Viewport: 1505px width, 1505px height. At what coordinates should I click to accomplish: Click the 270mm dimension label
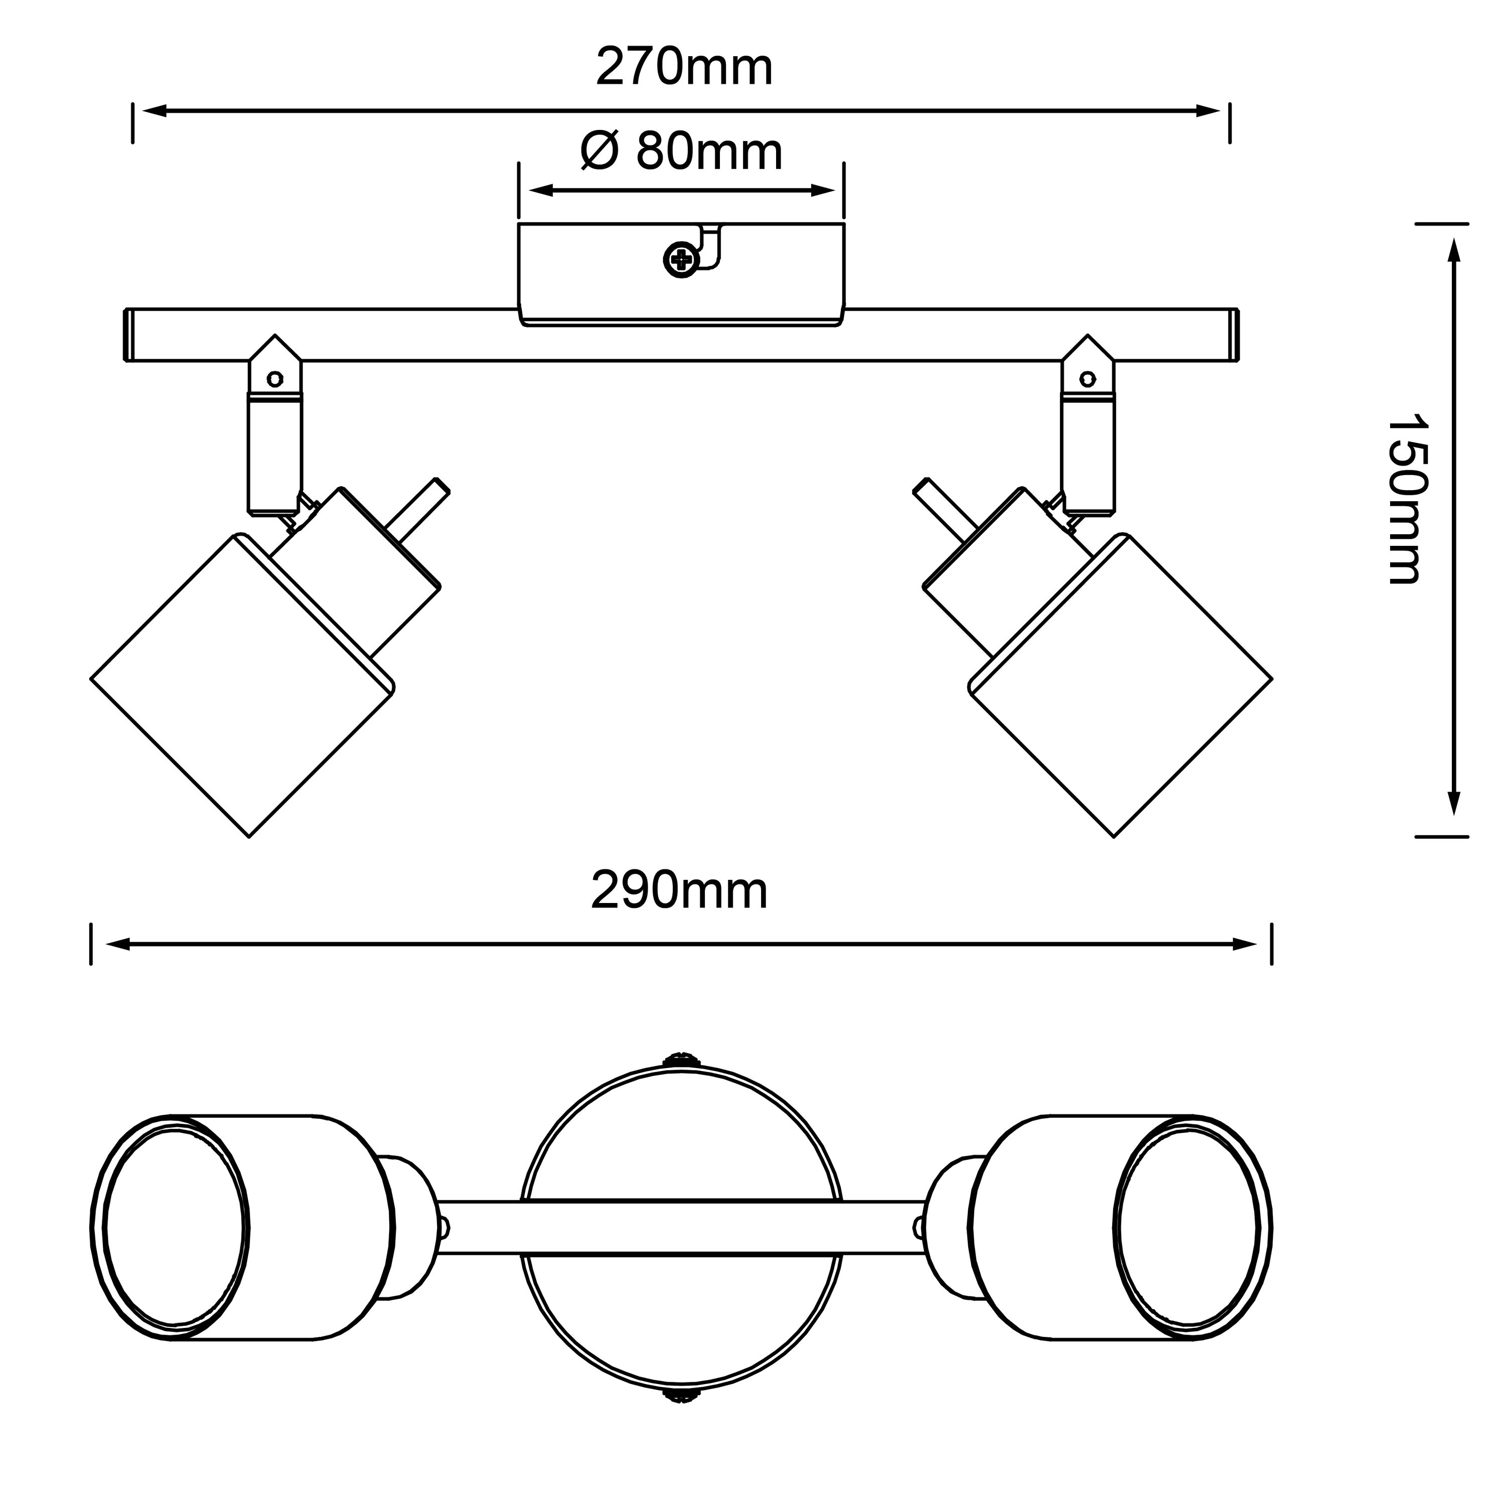[x=683, y=68]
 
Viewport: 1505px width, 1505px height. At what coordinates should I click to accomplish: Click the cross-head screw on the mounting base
[x=680, y=259]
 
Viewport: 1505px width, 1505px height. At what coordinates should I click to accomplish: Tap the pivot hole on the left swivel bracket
[x=274, y=379]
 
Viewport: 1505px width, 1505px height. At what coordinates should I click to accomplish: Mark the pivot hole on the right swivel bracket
[x=1086, y=379]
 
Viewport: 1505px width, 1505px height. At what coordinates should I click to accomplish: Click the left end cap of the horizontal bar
[x=128, y=336]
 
